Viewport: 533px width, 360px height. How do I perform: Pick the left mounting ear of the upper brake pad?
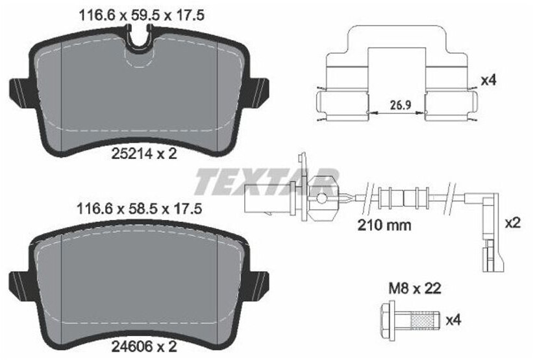pyautogui.click(x=19, y=90)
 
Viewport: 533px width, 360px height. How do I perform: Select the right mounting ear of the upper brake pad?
pyautogui.click(x=259, y=90)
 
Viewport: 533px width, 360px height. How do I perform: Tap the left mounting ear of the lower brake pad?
pyautogui.click(x=19, y=283)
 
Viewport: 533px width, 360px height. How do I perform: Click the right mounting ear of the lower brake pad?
pyautogui.click(x=259, y=283)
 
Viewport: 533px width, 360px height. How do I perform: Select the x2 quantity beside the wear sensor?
pyautogui.click(x=513, y=222)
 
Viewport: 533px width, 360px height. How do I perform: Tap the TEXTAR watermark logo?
pyautogui.click(x=266, y=181)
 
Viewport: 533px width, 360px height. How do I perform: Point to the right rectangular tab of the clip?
pyautogui.click(x=451, y=104)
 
